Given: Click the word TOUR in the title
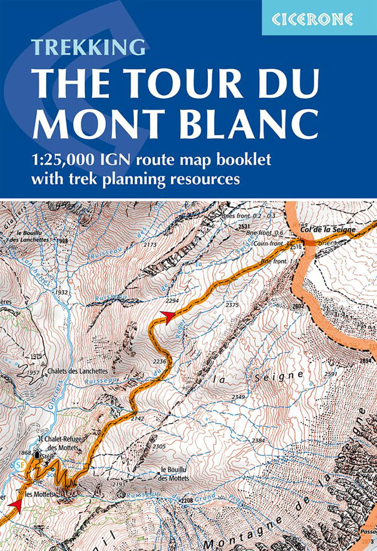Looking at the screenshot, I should pos(179,84).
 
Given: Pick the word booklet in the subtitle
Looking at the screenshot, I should pos(242,160).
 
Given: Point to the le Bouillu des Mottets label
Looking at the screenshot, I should pos(175,474).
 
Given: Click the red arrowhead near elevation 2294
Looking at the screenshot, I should pos(168,316).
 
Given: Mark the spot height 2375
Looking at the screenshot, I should pos(232,305).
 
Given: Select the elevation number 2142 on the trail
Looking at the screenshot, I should pos(138,418).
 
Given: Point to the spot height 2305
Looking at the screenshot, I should pos(159,446).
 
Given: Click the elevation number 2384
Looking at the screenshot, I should pos(258,440).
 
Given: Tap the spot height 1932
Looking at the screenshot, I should pos(61,292).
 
